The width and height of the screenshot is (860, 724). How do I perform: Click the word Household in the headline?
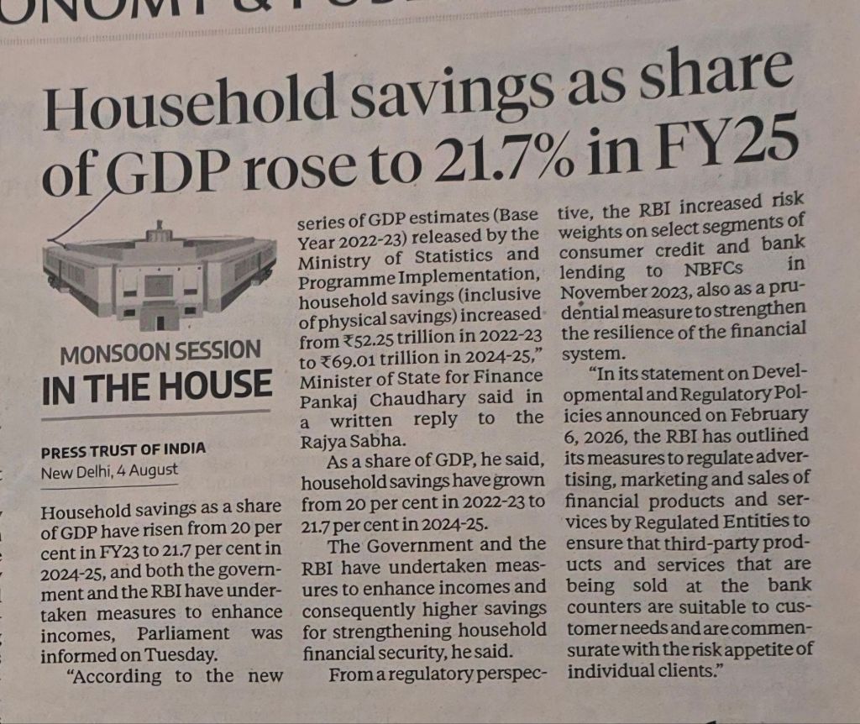(189, 104)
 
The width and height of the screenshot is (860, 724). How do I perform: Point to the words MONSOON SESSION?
(160, 352)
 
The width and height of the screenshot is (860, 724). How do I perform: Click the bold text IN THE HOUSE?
(156, 386)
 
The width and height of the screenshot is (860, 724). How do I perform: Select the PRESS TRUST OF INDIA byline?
(123, 450)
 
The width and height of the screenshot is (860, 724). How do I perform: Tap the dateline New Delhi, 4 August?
(109, 471)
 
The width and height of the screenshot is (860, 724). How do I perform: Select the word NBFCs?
(714, 270)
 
